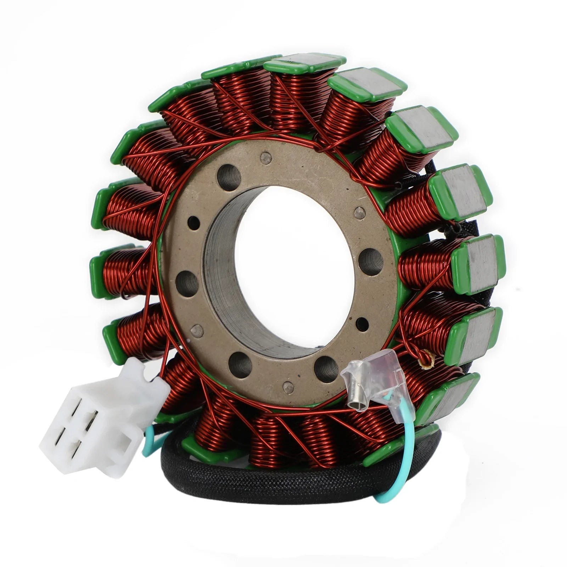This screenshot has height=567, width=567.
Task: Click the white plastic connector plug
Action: [x=103, y=418]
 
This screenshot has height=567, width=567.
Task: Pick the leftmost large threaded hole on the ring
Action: [x=187, y=283]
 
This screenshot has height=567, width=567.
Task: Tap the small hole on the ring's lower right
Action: [x=362, y=322]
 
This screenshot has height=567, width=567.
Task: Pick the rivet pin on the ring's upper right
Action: [x=360, y=213]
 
